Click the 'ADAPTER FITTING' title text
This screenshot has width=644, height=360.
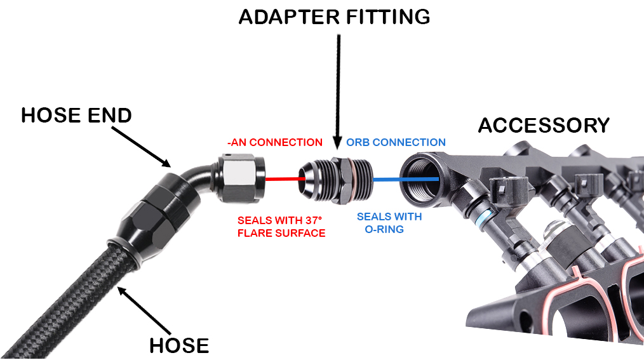[x=334, y=17]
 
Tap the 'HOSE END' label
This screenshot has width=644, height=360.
[x=76, y=116]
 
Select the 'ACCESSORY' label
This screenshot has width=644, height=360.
[x=544, y=125]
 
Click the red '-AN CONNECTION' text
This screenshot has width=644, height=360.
[x=275, y=142]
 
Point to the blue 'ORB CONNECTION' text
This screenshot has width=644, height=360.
[x=396, y=142]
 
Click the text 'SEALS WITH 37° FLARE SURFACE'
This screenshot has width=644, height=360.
[x=281, y=227]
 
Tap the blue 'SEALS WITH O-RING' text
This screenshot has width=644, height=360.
[x=389, y=223]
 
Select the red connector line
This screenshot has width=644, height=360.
[x=285, y=178]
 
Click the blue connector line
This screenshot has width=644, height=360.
[x=405, y=179]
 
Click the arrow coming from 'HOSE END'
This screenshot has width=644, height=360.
[x=141, y=147]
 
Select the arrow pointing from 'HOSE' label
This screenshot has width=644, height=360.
[x=144, y=310]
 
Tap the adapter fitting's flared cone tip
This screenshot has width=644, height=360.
[x=306, y=178]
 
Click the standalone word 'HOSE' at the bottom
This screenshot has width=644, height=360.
[x=179, y=345]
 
